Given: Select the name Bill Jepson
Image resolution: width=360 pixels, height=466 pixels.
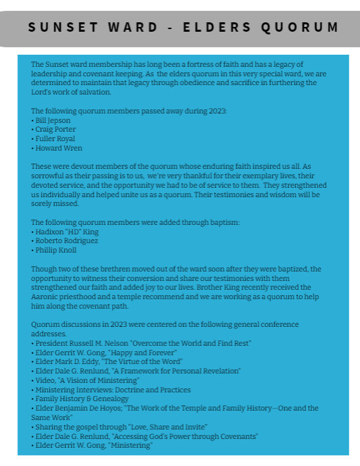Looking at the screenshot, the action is (53, 120).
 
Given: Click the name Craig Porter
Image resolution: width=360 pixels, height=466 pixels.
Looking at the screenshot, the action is (55, 130).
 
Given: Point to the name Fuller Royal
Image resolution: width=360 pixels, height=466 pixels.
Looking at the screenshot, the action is (55, 139).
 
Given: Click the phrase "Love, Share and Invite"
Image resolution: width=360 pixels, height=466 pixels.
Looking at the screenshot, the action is (164, 427).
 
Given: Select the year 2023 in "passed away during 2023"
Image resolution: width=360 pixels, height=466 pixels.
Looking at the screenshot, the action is (216, 111).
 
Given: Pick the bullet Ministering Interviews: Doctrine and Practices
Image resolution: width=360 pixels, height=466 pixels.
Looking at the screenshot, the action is (113, 390).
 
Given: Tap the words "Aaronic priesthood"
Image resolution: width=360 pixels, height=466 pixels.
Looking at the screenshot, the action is (63, 296).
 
